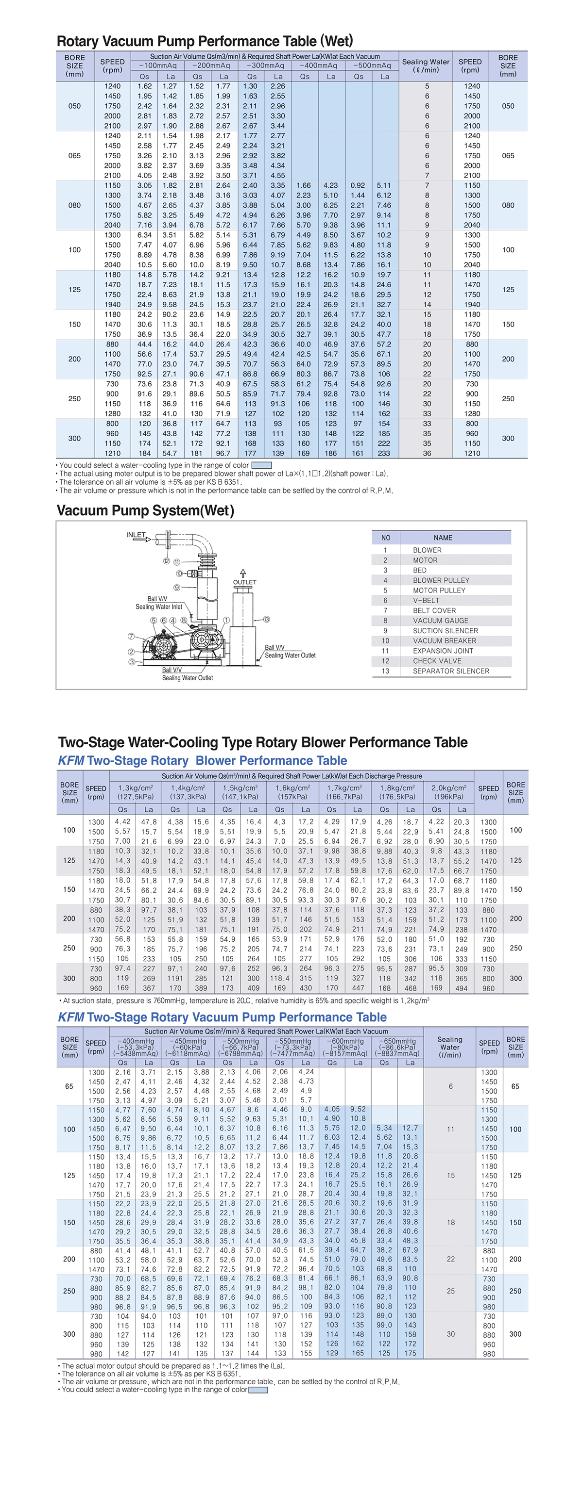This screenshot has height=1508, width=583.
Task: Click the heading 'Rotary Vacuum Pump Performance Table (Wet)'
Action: coord(205,41)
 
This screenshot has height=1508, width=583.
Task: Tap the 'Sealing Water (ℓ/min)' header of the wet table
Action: coord(426,66)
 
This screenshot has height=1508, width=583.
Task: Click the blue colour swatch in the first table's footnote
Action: coord(261,465)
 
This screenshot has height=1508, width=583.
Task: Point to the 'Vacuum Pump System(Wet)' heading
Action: coord(145,510)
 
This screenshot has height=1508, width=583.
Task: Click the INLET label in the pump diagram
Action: coord(136,535)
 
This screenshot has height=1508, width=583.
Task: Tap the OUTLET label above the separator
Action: coord(244,582)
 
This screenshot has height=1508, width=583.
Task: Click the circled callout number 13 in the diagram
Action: coord(266,619)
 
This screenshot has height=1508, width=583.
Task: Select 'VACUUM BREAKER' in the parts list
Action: coord(444,640)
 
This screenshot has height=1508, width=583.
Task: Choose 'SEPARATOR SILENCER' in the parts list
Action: coord(450,671)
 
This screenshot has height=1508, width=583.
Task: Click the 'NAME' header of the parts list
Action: coord(443,538)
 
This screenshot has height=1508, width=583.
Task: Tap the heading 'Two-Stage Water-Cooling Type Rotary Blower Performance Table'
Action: coord(262,742)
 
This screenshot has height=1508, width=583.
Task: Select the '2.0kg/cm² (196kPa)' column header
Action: coord(449,792)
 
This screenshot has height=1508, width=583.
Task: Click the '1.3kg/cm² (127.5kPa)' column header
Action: coord(136,792)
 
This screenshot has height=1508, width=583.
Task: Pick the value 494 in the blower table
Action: coord(462,988)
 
